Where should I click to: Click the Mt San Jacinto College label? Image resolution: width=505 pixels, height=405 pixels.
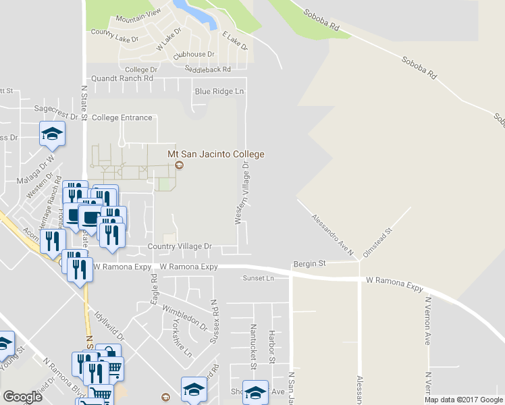tap(215, 154)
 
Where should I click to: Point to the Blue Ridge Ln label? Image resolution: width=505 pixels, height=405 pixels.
tap(219, 91)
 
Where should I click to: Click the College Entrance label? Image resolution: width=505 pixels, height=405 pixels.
tap(122, 117)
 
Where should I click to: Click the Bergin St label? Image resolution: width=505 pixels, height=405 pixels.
tap(309, 264)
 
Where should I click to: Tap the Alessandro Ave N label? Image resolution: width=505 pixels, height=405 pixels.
tap(332, 235)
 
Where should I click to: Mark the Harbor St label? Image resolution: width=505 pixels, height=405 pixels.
tap(271, 346)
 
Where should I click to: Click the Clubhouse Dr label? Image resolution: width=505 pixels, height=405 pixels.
tap(193, 54)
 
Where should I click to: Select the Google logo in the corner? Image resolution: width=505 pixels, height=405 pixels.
tap(22, 397)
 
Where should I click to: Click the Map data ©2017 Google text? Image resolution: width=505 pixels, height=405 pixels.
tap(464, 400)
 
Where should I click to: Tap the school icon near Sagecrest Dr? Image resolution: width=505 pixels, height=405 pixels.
tap(52, 134)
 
